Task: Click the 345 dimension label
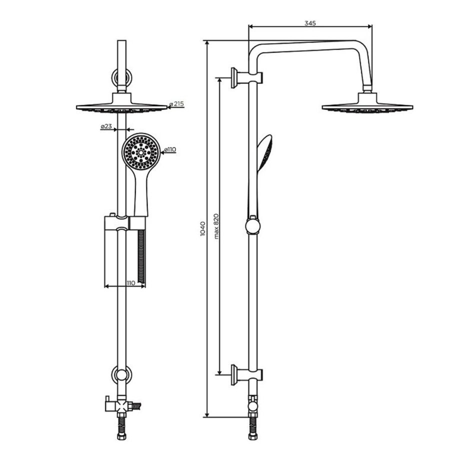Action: coord(310,23)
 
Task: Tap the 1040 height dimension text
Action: coord(203,228)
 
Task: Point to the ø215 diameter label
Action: coord(176,104)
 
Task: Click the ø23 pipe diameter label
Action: coord(106,126)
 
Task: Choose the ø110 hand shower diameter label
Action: coord(170,149)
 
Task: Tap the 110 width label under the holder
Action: coord(130,283)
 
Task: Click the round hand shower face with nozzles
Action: coord(141,151)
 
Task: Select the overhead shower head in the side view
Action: coord(367,103)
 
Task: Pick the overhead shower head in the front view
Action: coord(121,103)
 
